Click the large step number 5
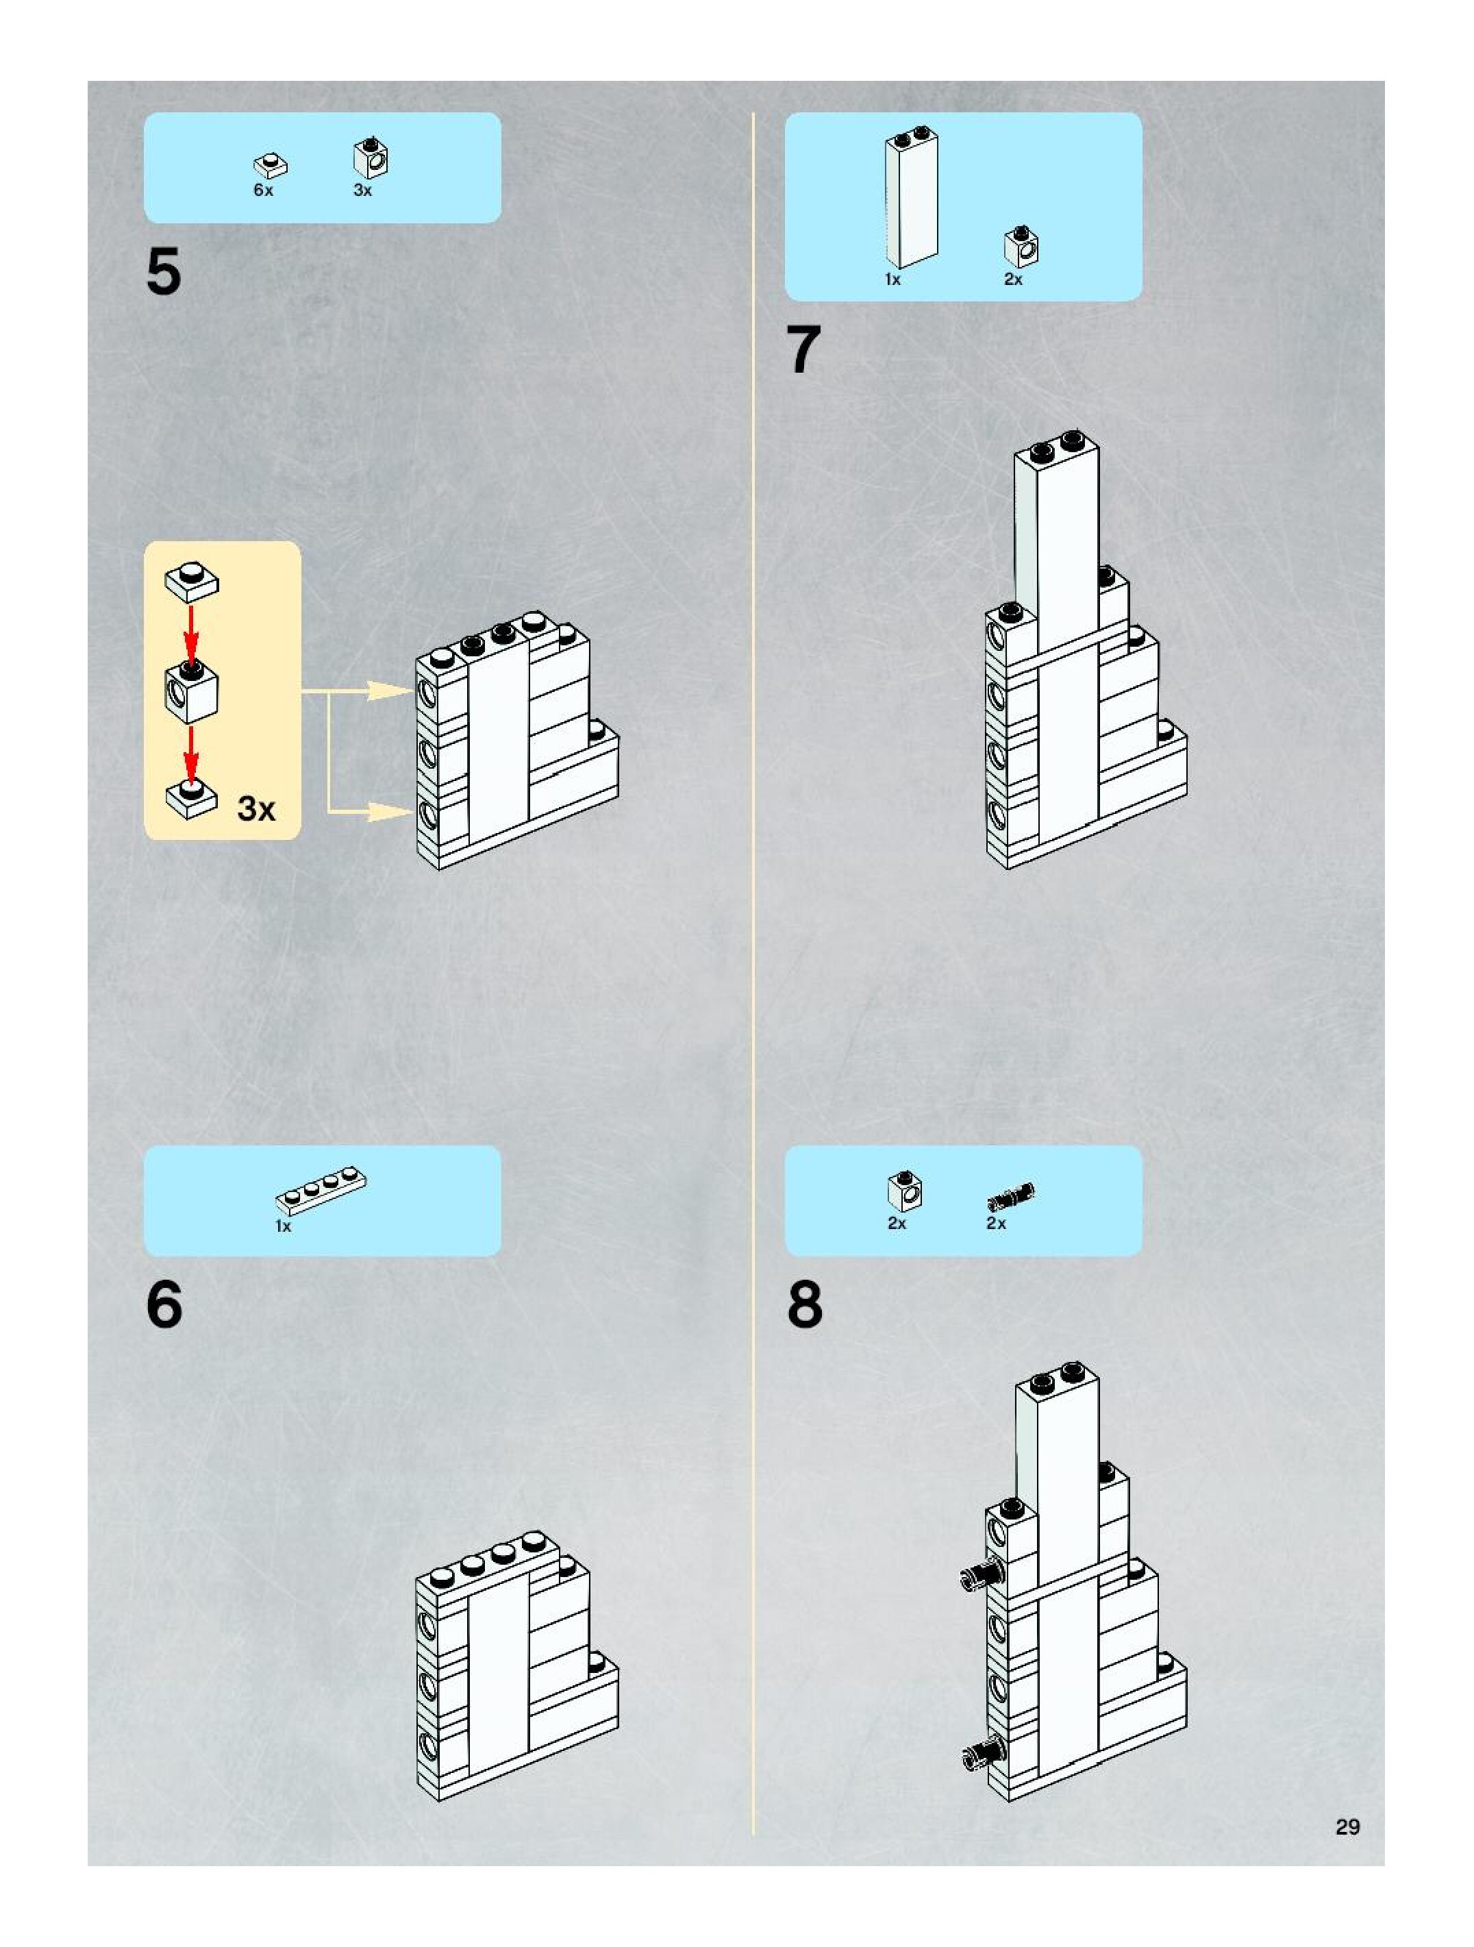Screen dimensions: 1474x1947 164,271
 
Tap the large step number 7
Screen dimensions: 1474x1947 803,349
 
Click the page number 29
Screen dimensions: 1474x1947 1347,1826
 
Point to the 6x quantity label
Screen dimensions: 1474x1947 263,190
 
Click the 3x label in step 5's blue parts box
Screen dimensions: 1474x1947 362,190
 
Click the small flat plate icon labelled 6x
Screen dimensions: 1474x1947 272,164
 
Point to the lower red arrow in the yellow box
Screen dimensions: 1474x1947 192,754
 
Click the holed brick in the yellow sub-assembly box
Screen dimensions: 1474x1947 191,691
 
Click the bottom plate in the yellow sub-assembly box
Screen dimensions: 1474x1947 192,798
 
